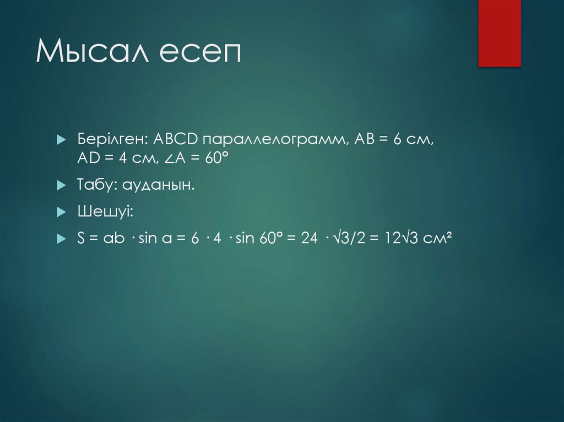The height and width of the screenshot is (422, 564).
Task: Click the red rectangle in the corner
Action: [499, 33]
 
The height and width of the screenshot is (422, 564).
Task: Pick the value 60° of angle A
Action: [216, 159]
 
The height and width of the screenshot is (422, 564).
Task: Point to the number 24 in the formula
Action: [310, 238]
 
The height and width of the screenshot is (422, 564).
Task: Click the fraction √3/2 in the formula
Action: [351, 238]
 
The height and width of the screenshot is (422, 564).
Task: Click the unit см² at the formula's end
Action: [438, 238]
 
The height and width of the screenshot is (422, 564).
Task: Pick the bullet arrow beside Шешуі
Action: [61, 212]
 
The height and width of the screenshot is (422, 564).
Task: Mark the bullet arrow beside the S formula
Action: [61, 238]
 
